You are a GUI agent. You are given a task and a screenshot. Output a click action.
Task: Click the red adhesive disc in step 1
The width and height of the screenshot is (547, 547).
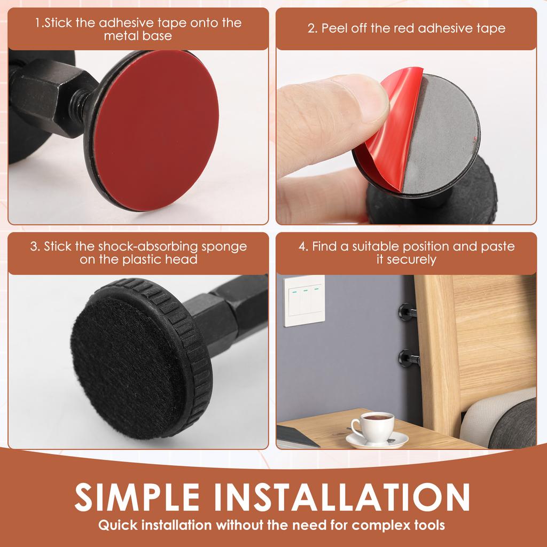pos(157,130)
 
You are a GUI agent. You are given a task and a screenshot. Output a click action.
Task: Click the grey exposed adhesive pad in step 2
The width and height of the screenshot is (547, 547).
pos(441,134)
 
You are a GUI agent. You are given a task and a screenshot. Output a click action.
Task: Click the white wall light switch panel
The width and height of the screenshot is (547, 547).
pos(304,301)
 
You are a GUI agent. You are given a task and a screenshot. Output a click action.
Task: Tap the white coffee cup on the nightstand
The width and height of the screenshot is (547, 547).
pos(372,427)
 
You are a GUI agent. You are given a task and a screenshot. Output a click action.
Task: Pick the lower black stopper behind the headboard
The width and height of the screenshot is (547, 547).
pos(409,358)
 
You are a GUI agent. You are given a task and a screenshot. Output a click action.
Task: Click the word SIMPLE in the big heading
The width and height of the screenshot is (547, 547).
pos(137,497)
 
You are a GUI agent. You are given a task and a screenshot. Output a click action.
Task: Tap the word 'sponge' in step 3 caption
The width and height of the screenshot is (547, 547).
pos(224,247)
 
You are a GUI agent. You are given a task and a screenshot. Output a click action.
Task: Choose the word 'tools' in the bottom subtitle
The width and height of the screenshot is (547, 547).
pos(428,525)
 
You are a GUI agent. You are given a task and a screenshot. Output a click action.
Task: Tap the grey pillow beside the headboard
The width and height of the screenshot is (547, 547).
pos(513,424)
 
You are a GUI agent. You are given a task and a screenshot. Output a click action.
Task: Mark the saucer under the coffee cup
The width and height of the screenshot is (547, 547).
pos(377,440)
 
